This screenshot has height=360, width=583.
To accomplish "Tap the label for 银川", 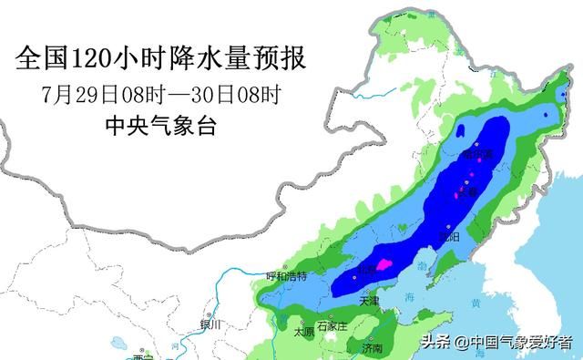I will click(x=210, y=325).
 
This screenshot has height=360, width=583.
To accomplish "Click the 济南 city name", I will click(x=371, y=348).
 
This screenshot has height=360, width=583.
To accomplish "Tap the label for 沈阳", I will click(x=447, y=236).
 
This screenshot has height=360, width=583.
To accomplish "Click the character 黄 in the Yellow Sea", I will click(x=476, y=303).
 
